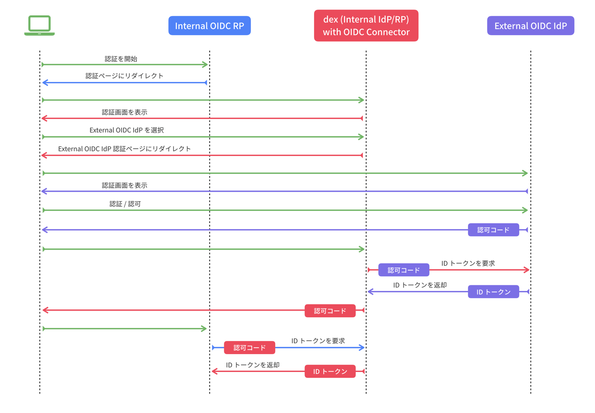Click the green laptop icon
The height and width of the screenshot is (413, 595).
click(x=39, y=25)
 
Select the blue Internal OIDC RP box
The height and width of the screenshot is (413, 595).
click(x=209, y=26)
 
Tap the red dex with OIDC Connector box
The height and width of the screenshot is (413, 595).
click(x=366, y=26)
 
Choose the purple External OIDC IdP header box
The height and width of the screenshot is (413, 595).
click(x=530, y=26)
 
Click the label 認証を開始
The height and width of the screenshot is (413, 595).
click(x=121, y=59)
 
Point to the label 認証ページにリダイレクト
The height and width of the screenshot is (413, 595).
click(x=124, y=76)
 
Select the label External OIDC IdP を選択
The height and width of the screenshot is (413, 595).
click(x=127, y=130)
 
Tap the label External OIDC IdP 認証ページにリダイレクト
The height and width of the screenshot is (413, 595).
click(x=124, y=149)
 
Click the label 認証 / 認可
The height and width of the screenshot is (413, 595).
click(x=125, y=204)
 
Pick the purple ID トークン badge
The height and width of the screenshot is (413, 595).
click(x=493, y=292)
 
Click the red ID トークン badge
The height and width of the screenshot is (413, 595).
click(x=330, y=372)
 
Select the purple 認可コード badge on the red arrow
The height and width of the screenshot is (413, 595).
click(x=404, y=270)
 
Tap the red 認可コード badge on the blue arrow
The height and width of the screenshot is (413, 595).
click(x=250, y=348)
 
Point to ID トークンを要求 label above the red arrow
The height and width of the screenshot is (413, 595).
click(x=468, y=264)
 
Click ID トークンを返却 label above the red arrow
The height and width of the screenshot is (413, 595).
click(x=253, y=365)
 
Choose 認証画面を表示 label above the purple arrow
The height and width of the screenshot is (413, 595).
click(x=124, y=186)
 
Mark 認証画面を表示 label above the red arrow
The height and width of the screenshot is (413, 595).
click(x=124, y=112)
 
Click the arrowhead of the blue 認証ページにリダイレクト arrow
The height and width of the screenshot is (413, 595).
click(x=44, y=82)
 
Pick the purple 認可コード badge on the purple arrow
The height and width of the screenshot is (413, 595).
click(x=493, y=230)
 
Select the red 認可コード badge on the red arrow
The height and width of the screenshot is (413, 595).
click(x=330, y=311)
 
